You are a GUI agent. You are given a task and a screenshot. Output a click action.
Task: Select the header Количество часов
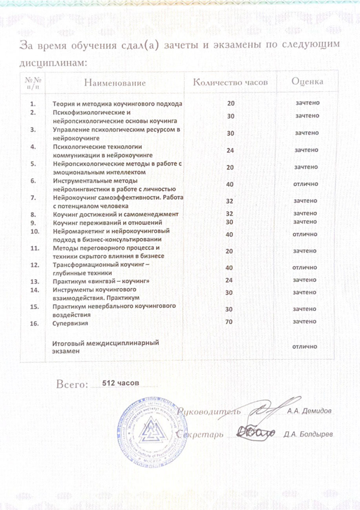click(231, 82)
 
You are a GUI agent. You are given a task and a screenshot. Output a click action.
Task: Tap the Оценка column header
click(307, 82)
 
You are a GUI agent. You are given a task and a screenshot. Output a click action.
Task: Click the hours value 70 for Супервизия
click(230, 321)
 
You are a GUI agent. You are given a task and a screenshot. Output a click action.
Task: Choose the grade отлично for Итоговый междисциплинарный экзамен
click(305, 347)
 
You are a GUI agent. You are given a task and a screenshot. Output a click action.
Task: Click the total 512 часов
click(118, 382)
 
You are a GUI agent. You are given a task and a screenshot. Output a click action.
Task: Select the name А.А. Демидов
click(311, 411)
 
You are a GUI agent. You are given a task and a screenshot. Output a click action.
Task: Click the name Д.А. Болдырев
click(308, 435)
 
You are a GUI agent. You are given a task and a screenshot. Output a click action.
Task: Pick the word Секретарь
click(200, 435)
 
